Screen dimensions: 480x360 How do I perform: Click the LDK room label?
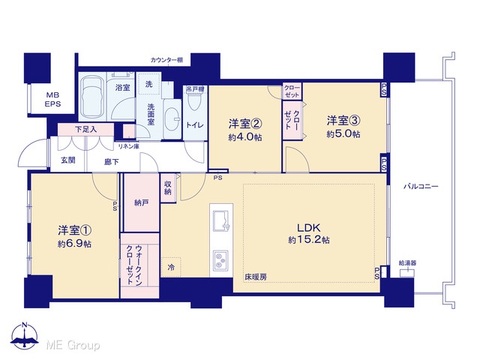pos(308,228)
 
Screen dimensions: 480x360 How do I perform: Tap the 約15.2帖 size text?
pos(308,240)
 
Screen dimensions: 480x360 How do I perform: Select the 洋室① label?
pos(75,230)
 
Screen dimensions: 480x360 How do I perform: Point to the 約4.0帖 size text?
pos(245,137)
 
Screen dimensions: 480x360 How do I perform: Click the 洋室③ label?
pos(343,121)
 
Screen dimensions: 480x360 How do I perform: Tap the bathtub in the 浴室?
pos(92,97)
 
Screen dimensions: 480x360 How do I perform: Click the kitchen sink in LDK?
pos(220,221)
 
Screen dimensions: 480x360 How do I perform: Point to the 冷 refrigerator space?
pos(171,267)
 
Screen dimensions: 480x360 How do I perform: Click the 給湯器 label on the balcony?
pos(407,263)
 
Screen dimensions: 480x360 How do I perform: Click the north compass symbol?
pos(25,335)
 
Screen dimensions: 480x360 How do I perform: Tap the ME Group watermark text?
pos(73,345)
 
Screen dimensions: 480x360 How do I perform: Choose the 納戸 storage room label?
pos(142,202)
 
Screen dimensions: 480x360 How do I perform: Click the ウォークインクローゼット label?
pos(134,265)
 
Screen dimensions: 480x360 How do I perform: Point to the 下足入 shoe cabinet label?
pos(86,130)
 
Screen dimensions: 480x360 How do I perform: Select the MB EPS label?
pos(53,100)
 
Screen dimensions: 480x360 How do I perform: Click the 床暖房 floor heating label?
pos(255,277)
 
